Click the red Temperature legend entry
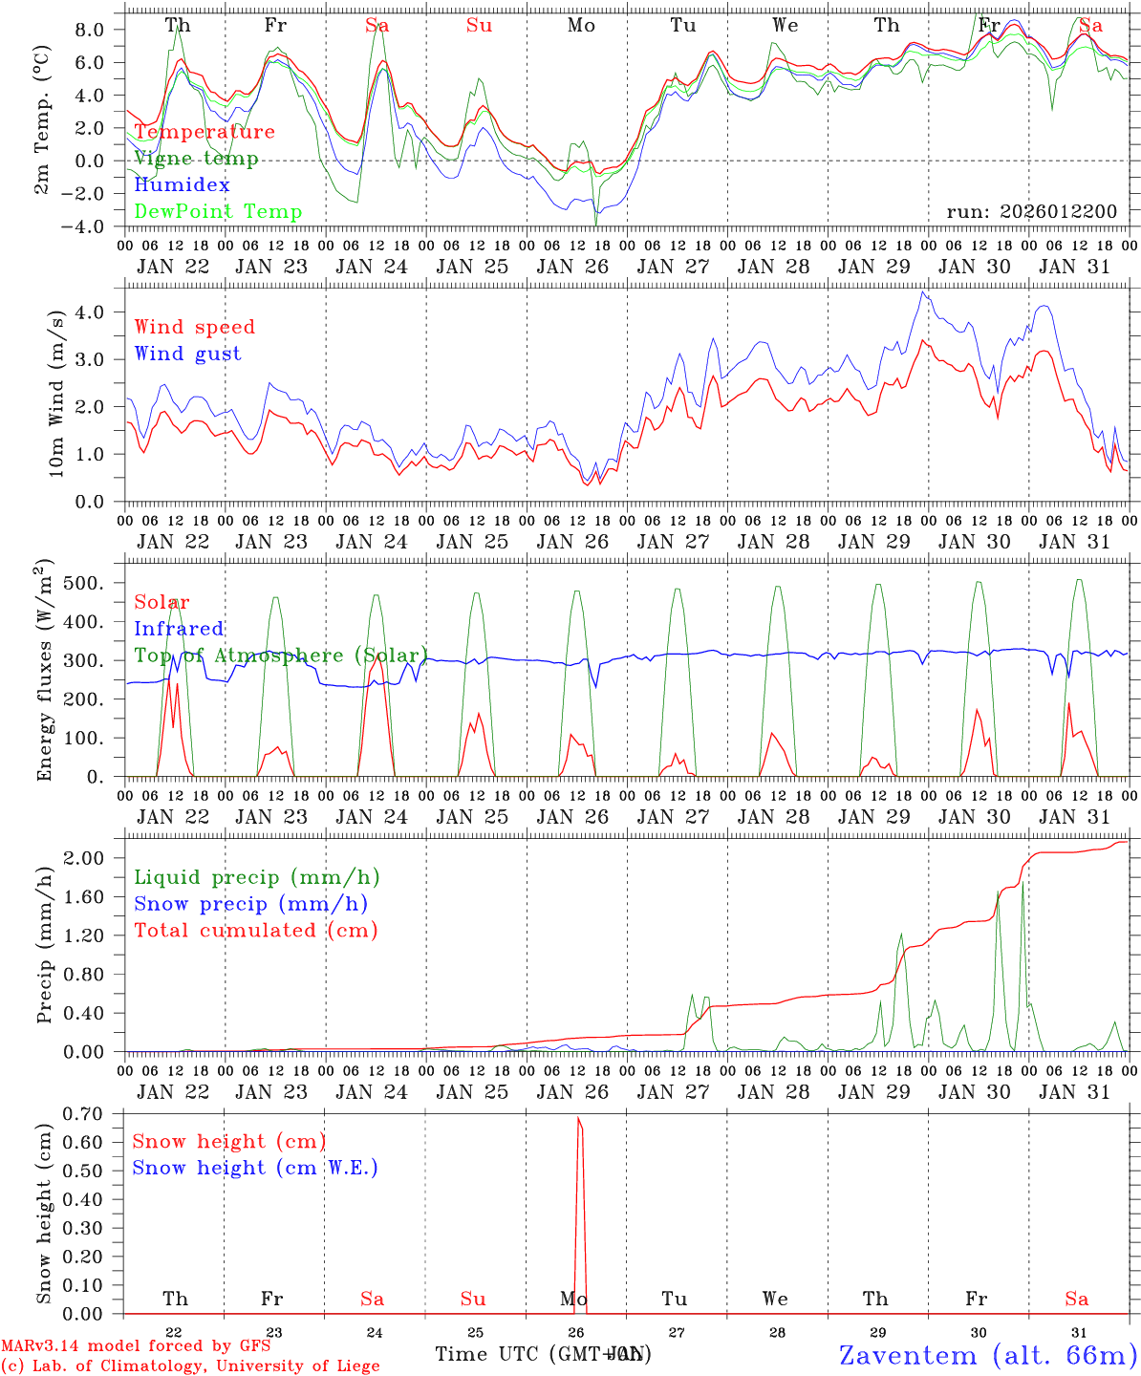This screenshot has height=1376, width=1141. coord(205,132)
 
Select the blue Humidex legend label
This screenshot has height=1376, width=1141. coord(182,185)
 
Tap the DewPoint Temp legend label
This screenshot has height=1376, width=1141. coord(218,212)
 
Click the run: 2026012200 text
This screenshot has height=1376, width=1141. coord(1032,211)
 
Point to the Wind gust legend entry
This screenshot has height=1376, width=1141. coord(187,354)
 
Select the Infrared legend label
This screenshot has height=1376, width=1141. coord(179,629)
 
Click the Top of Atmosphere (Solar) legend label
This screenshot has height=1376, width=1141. coord(281,656)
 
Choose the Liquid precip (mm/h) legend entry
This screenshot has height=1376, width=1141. coord(257,877)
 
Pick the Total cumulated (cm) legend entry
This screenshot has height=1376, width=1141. coord(256,930)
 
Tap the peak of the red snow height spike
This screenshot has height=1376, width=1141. coord(578,1118)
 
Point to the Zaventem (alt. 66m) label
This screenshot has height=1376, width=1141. coord(987,1355)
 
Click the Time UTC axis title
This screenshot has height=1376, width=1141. coord(541,1354)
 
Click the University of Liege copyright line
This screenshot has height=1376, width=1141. coord(190,1365)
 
